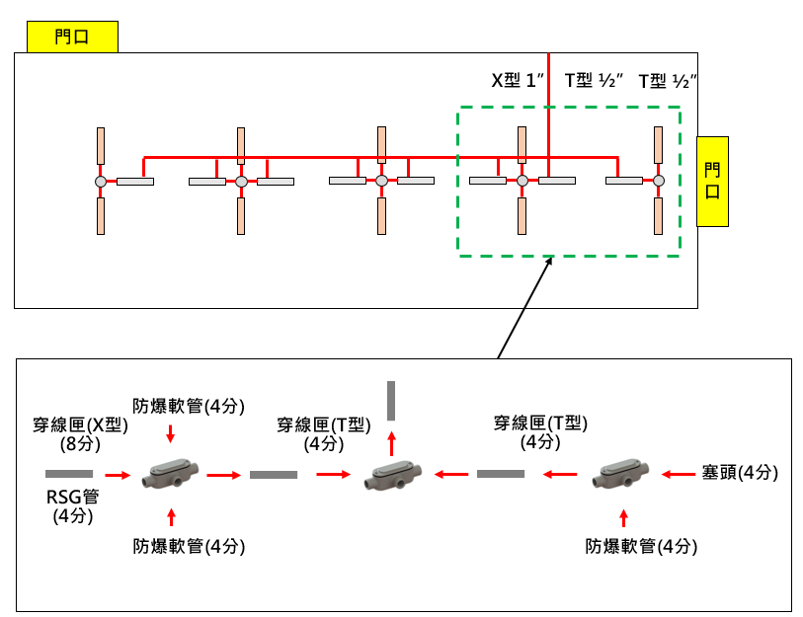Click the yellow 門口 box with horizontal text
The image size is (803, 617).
pyautogui.click(x=72, y=38)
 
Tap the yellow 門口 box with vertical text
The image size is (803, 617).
pyautogui.click(x=712, y=181)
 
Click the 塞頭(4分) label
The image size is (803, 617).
pyautogui.click(x=740, y=474)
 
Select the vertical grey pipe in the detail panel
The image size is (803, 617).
pyautogui.click(x=391, y=400)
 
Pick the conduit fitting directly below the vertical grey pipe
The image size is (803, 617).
pyautogui.click(x=391, y=477)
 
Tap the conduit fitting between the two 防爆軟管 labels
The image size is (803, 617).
pyautogui.click(x=172, y=476)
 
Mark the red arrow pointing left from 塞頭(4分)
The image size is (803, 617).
pyautogui.click(x=680, y=475)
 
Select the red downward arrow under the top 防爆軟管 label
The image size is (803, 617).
pyautogui.click(x=172, y=432)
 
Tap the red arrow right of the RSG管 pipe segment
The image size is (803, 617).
pyautogui.click(x=118, y=475)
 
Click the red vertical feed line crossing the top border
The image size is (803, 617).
pyautogui.click(x=548, y=53)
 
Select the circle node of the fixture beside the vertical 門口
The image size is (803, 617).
pyautogui.click(x=659, y=181)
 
